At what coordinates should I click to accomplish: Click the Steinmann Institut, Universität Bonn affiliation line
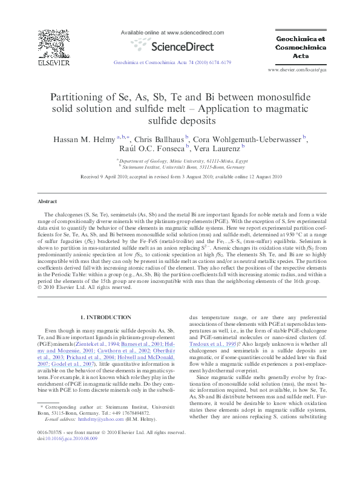(x=180, y=166)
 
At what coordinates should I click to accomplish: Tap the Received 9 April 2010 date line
(x=180, y=177)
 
